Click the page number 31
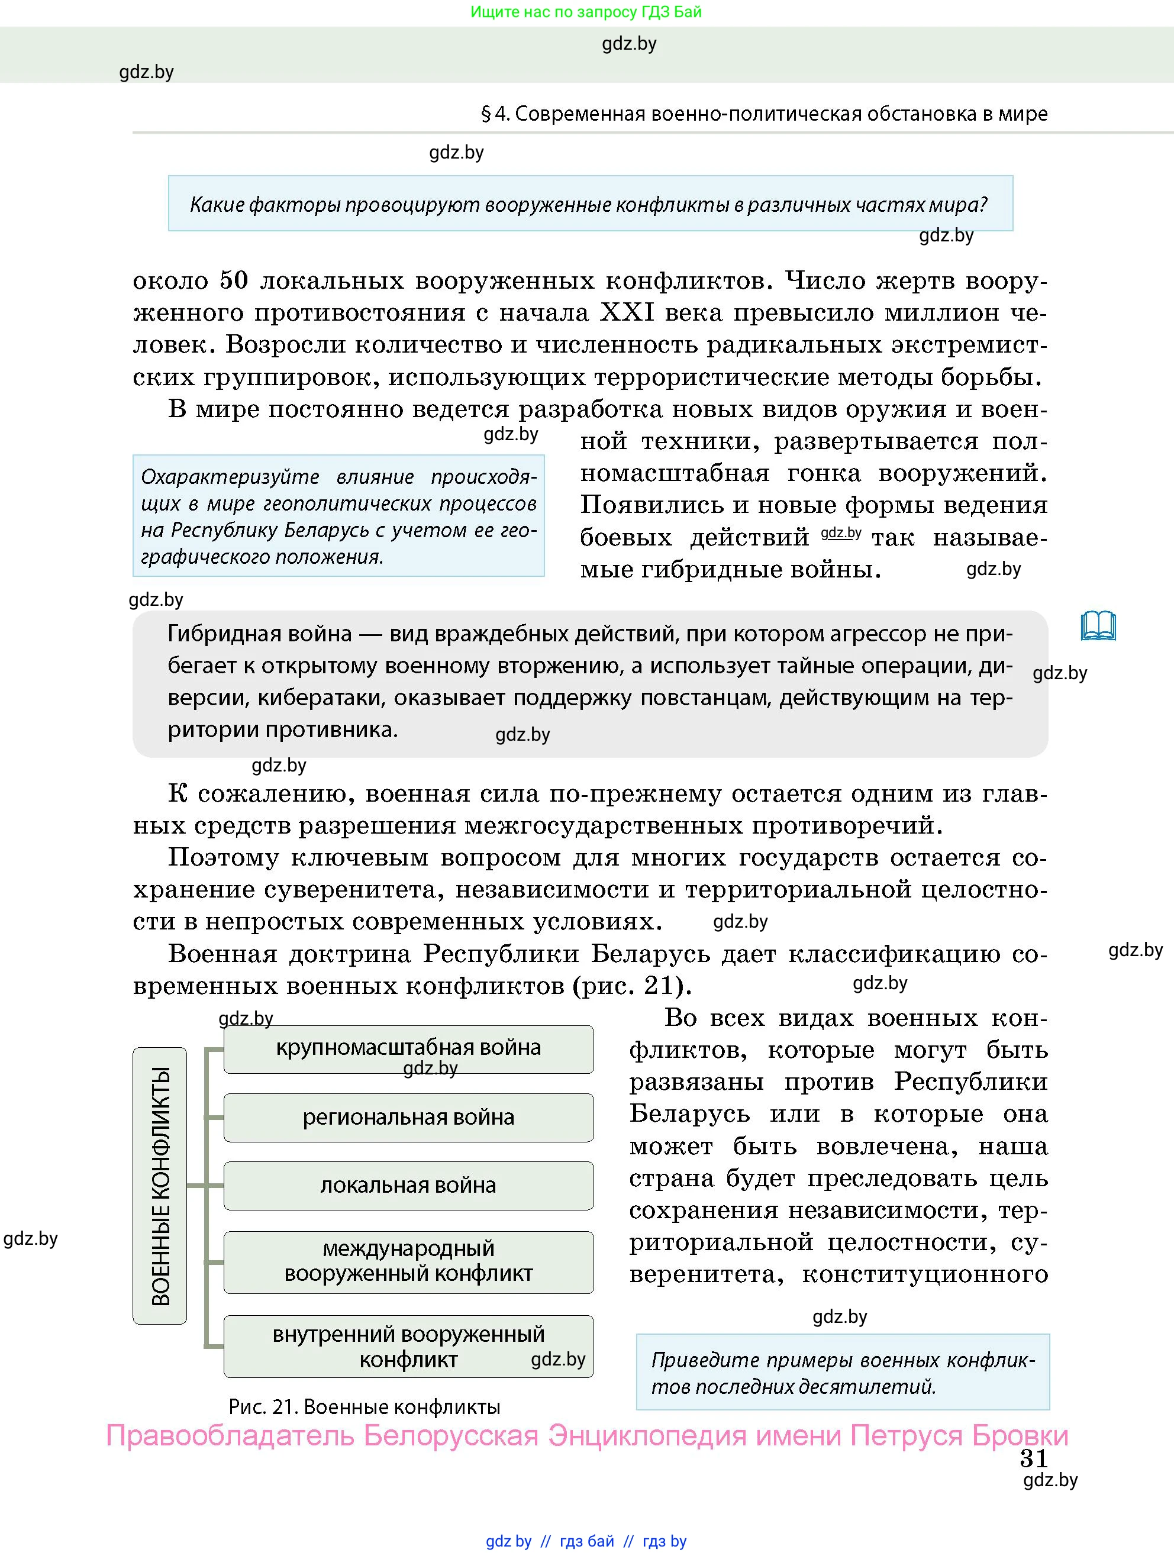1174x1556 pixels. pos(1033,1459)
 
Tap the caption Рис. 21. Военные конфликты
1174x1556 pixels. pos(365,1407)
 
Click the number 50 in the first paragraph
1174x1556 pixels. pos(234,280)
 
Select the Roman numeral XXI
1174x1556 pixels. pos(627,312)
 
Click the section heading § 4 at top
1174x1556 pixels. pos(764,114)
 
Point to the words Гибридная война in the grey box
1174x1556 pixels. pos(260,634)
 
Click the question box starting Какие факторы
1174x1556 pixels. pos(589,204)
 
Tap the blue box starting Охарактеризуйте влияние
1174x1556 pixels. pos(338,516)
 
